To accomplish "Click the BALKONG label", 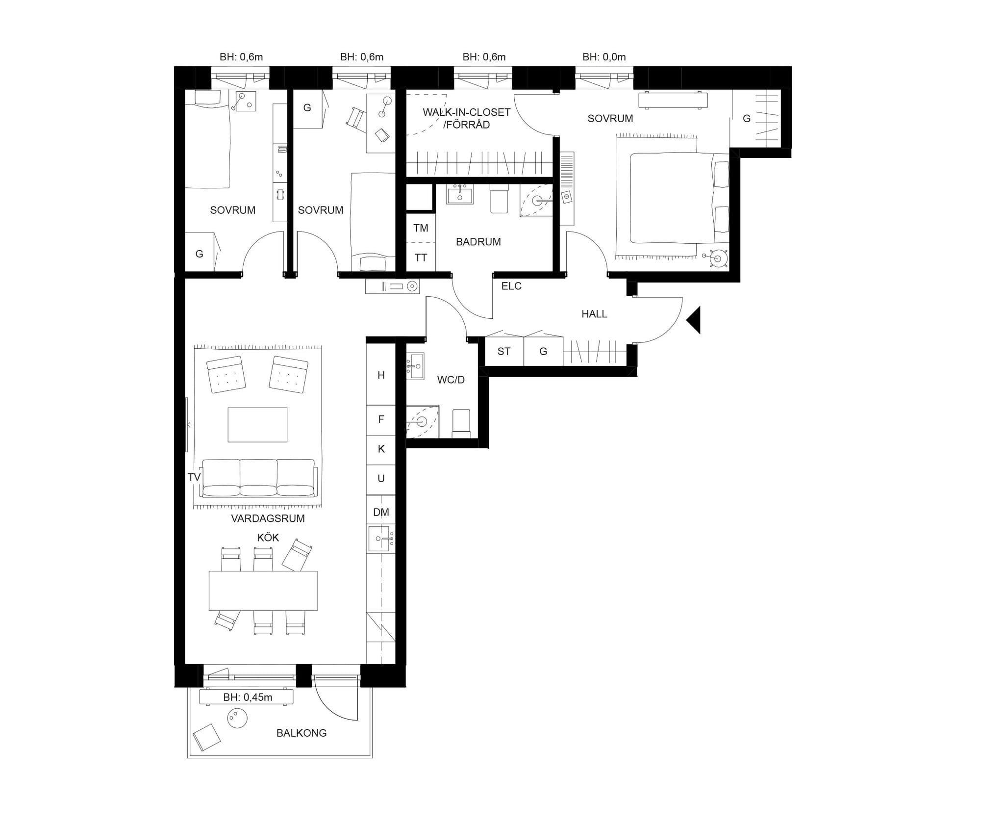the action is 301,733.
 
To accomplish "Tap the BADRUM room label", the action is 478,242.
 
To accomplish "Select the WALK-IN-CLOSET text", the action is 467,112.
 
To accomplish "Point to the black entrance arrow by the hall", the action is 693,320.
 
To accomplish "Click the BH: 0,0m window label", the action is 604,57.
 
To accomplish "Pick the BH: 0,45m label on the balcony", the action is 248,697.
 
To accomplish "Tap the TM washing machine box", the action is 421,228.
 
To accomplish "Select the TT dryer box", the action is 421,257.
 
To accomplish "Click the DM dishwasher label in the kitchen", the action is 381,513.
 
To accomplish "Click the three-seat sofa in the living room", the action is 259,478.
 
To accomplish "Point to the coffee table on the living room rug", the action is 257,425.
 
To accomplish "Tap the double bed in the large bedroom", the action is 679,198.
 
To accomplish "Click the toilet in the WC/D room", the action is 461,423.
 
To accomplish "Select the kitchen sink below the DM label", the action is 381,539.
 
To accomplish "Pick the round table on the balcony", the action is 237,719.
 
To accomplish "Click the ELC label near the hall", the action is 511,286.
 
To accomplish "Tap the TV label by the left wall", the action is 194,477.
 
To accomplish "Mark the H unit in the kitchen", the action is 381,375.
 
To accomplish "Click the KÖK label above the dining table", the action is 268,538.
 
